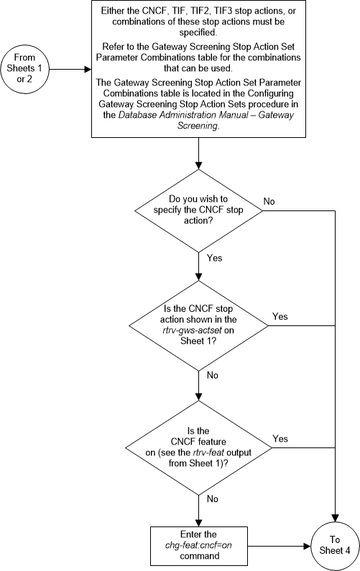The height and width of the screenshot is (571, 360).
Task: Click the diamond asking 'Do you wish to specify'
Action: coord(197,210)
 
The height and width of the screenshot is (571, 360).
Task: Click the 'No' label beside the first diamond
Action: coord(269,202)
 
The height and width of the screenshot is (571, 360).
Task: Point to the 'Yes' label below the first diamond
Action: coord(214,256)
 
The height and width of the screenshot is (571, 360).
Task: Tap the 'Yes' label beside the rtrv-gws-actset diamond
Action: coord(281,315)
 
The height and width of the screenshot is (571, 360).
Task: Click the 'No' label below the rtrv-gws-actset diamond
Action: coord(213,374)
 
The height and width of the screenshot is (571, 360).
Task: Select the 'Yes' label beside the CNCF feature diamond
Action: coord(281,437)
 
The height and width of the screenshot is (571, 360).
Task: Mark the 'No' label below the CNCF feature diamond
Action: coord(213,498)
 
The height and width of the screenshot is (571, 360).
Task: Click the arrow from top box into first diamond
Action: coord(197,154)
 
